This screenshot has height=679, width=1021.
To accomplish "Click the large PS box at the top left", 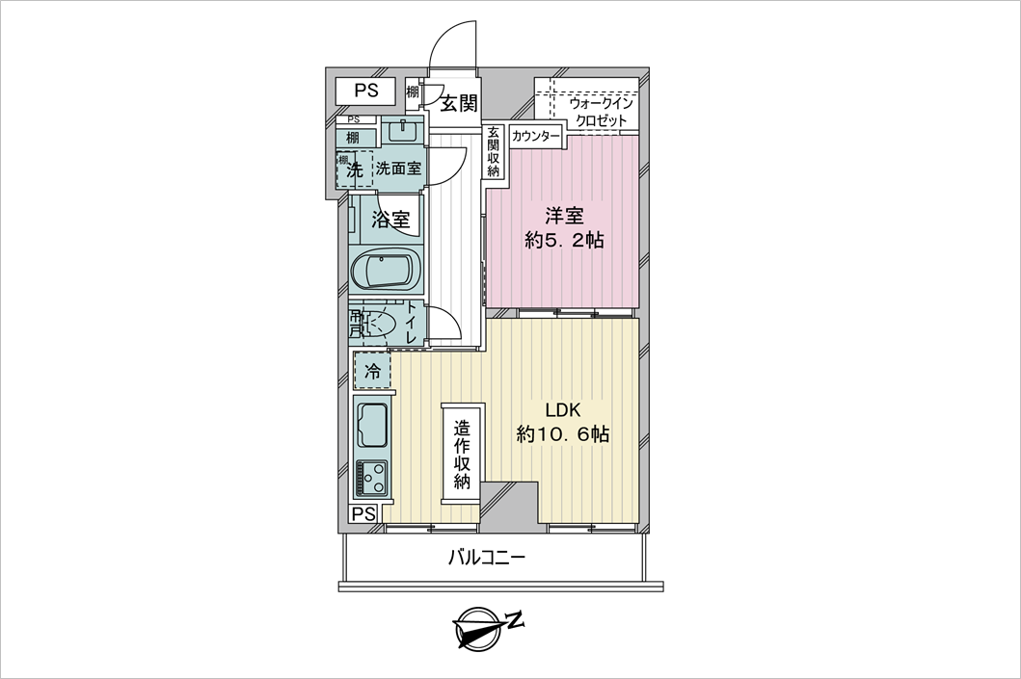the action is point(366,91).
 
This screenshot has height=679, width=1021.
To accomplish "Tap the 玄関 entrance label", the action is point(460,103).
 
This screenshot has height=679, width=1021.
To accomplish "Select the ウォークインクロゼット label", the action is point(601,112).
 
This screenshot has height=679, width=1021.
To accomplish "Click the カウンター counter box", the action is point(535,137).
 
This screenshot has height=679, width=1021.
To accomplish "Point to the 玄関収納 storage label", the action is point(493,151).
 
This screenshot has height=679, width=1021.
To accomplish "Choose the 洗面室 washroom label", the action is point(398,170).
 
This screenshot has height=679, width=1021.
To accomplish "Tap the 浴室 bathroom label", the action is point(390,220).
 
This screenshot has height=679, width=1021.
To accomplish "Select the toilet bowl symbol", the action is point(378,324).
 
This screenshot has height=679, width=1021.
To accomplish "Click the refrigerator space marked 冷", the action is point(372,371).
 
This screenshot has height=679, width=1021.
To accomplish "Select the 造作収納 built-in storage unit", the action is point(462,453).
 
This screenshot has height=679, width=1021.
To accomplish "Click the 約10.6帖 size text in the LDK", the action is point(563,433).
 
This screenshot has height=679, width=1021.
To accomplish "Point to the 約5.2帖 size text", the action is point(565,240).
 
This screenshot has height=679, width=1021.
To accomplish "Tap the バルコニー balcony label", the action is point(486,558).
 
